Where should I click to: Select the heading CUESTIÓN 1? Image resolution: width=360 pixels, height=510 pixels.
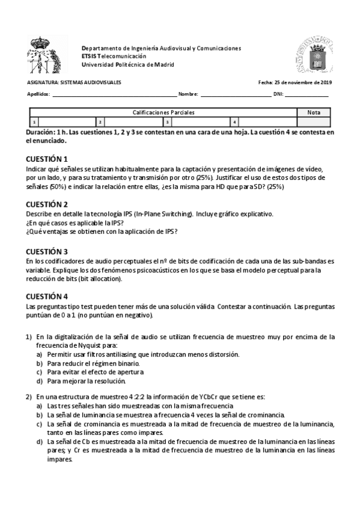(x=47, y=159)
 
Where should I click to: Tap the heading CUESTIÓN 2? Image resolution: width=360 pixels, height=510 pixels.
(x=47, y=204)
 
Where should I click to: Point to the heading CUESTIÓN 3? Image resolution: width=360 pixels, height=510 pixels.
(x=47, y=251)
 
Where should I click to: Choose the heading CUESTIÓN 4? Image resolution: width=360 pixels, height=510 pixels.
(x=47, y=296)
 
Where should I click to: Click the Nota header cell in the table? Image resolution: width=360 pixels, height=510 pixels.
(x=314, y=112)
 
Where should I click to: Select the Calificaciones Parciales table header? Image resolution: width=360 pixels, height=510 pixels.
(x=163, y=112)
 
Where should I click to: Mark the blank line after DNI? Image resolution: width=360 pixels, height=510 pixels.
(x=307, y=95)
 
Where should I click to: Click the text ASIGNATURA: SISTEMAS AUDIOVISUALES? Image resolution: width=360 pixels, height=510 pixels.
(x=74, y=82)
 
